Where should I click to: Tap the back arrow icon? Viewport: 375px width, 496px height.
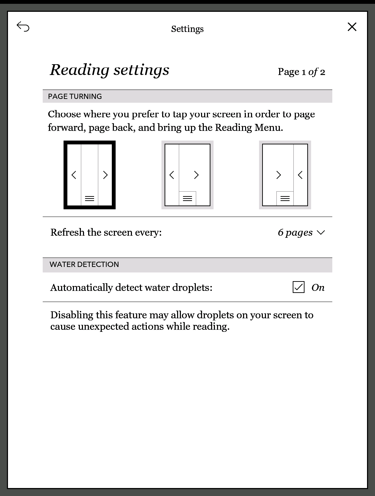tap(23, 27)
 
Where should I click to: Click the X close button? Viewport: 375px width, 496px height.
tap(352, 27)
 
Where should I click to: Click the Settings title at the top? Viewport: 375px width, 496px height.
tap(187, 29)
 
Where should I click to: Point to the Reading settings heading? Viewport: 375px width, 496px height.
tap(109, 70)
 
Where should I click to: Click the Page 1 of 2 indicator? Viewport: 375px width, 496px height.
tap(301, 72)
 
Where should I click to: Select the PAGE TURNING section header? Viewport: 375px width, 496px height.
tap(75, 96)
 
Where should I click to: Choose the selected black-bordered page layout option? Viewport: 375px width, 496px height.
tap(90, 175)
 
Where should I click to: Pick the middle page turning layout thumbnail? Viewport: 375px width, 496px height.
tap(187, 175)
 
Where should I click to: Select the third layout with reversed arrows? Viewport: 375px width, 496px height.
tap(285, 175)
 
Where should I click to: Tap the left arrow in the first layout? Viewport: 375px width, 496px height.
tap(74, 175)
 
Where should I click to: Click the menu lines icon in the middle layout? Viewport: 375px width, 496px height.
tap(187, 199)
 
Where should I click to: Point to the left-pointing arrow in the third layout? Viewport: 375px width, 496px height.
tap(300, 175)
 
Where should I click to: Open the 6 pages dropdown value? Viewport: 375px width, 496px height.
tap(295, 233)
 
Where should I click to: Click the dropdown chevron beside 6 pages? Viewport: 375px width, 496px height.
tap(321, 233)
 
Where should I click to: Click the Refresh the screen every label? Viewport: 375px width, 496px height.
tap(106, 232)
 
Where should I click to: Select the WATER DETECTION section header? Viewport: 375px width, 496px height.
tap(84, 264)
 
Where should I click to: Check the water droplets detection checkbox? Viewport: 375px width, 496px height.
tap(299, 287)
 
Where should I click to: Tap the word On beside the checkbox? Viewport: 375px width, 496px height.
tap(318, 287)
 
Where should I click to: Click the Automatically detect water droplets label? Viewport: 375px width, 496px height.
tap(131, 287)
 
